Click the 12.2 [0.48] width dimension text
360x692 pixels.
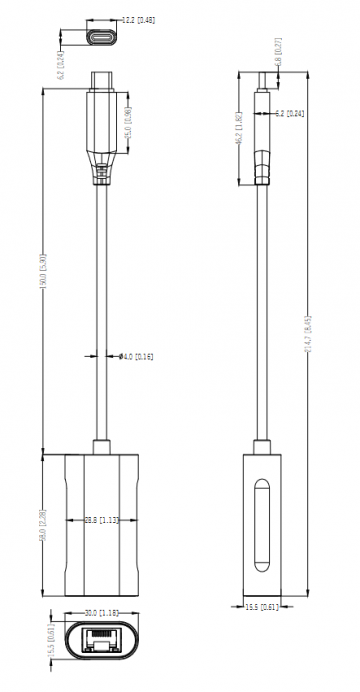pyautogui.click(x=137, y=19)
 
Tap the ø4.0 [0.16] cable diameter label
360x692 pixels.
pyautogui.click(x=135, y=355)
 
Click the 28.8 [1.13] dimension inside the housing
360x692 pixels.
pyautogui.click(x=103, y=520)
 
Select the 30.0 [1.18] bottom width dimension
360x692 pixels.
pyautogui.click(x=103, y=612)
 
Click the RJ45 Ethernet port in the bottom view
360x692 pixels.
pyautogui.click(x=102, y=641)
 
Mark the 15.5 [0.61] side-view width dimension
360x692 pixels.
pyautogui.click(x=262, y=606)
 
